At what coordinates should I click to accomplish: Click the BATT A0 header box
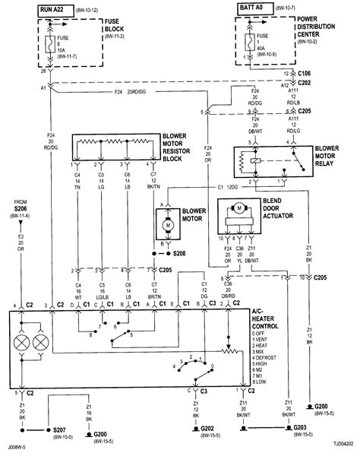(257, 8)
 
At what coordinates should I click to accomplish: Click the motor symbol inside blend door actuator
(238, 208)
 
